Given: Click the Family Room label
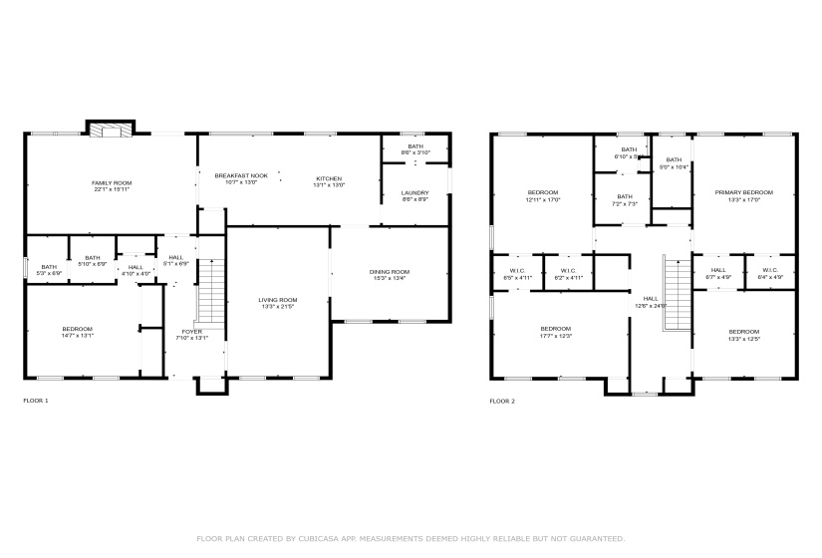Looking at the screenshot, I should pos(112,183).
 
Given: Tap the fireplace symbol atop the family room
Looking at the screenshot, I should pos(110,130).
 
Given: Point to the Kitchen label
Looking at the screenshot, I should pos(329,179).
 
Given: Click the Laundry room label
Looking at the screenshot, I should pos(414,193).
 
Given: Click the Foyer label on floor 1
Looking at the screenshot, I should pos(191,332).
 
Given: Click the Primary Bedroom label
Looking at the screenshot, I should pos(743,192).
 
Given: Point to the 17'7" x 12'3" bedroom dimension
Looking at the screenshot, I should pos(556,336).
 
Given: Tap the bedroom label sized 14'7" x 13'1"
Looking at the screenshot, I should pos(77,330).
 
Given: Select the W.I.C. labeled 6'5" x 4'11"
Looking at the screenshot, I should pos(517,271).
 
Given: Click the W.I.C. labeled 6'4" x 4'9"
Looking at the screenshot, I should pos(770,271).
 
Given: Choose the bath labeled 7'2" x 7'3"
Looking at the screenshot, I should pos(625,197).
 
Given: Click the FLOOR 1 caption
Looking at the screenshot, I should pos(35,401).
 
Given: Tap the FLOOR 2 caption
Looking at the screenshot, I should pos(502,401).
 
